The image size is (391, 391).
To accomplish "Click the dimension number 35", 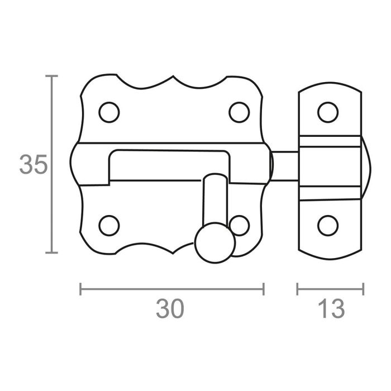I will (x=32, y=164).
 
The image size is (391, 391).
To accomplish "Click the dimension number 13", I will (x=330, y=309).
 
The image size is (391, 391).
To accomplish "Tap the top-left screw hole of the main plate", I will (x=109, y=112).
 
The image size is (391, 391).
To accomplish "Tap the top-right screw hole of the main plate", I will (x=240, y=112).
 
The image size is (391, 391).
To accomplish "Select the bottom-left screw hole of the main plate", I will (x=109, y=226).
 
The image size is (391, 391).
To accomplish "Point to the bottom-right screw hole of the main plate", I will (x=241, y=226).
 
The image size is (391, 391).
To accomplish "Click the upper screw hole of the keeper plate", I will (x=327, y=112).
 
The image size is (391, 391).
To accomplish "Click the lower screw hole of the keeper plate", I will (x=327, y=226).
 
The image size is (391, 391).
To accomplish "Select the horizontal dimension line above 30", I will (x=171, y=289).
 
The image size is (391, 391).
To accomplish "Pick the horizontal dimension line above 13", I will (x=330, y=289).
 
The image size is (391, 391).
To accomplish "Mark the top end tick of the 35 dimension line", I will (x=53, y=75).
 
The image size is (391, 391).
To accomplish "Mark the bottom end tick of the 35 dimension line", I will (x=53, y=252).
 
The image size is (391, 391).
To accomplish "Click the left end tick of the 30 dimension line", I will (x=81, y=289).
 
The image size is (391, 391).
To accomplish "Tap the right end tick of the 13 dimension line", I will (x=364, y=289).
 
